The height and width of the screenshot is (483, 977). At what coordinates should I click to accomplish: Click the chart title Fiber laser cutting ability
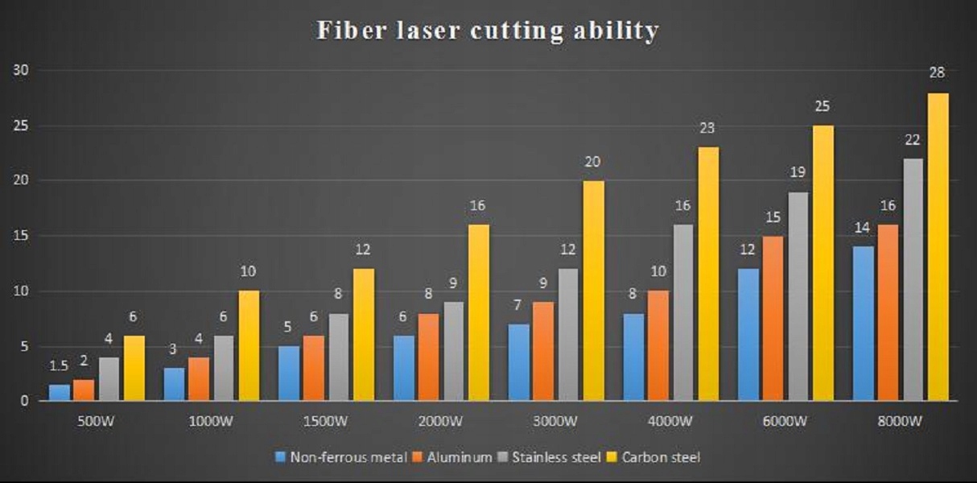(488, 31)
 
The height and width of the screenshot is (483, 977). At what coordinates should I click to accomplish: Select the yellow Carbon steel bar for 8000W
(938, 247)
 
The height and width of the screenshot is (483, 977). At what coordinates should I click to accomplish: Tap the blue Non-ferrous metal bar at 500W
(60, 393)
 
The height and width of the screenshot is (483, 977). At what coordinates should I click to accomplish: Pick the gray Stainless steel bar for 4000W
(683, 312)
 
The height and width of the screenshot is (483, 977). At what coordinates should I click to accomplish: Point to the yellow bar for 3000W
(593, 291)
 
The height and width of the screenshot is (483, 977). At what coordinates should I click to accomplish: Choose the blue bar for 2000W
(404, 368)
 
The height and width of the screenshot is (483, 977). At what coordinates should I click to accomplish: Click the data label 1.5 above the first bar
(60, 367)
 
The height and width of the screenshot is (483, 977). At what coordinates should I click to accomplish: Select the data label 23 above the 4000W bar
(707, 128)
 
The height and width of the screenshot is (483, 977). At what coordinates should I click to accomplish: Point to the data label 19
(798, 171)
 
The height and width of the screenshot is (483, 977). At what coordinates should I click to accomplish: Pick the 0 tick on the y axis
(26, 401)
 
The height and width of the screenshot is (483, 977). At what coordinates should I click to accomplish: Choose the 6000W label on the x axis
(785, 421)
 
